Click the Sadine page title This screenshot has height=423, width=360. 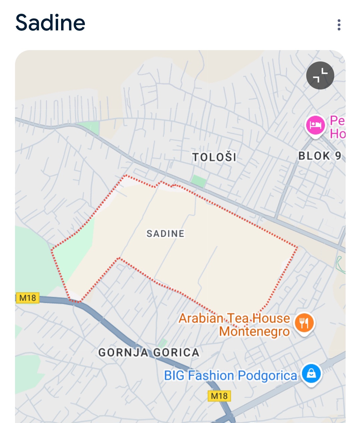50,23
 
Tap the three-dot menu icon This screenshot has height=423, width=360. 339,25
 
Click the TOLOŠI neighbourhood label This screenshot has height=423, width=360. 214,157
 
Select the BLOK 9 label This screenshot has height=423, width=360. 320,156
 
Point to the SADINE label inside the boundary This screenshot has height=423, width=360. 165,233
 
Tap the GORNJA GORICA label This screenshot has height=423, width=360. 149,353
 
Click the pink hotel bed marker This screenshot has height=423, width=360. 315,126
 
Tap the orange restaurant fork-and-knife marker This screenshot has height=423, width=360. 304,323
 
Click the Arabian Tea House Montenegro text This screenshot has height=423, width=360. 234,325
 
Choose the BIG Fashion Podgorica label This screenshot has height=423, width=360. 230,376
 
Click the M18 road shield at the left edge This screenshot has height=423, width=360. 27,297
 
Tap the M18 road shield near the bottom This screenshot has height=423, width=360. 219,396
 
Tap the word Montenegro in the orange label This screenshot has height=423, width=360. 254,332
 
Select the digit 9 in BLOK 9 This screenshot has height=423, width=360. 338,156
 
